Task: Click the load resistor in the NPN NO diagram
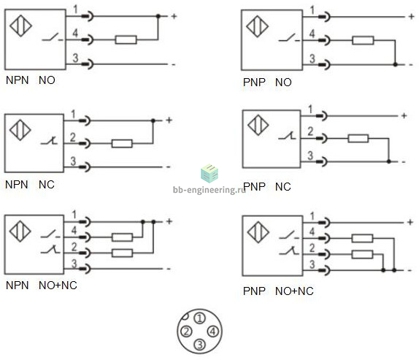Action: [x=126, y=40]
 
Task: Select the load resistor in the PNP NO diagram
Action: [x=363, y=40]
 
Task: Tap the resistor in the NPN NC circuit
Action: [x=122, y=144]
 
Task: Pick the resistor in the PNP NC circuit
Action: [x=358, y=139]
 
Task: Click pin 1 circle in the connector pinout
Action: [x=199, y=318]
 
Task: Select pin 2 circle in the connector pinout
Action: [x=186, y=332]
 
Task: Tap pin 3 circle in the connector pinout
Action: [x=199, y=345]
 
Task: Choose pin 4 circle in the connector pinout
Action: [x=213, y=332]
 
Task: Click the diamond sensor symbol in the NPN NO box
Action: [x=21, y=26]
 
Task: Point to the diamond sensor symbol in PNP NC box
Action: [x=258, y=125]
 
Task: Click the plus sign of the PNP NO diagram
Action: [x=411, y=17]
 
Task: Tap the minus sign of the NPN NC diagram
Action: [x=169, y=167]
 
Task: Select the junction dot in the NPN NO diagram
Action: [x=158, y=16]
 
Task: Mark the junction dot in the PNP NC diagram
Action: [x=389, y=161]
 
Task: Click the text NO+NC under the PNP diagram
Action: [x=294, y=291]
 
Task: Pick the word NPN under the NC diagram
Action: [x=17, y=185]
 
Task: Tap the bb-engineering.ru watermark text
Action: [x=209, y=190]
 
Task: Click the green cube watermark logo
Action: [x=209, y=173]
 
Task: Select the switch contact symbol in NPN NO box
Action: [x=53, y=37]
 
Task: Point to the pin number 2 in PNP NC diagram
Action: [x=310, y=131]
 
